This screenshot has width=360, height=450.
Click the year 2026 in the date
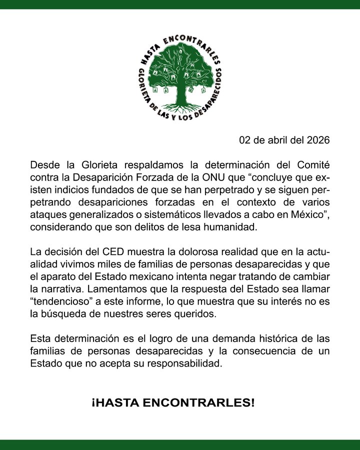tap(318, 140)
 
